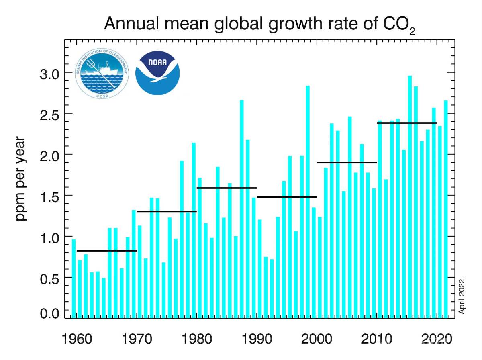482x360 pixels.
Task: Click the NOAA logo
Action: point(157,73)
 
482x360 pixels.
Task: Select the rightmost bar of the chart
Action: point(446,209)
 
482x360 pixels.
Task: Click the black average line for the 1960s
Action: point(106,251)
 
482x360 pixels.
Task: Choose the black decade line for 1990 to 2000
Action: point(287,197)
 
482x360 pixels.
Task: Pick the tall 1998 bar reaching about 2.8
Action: point(308,201)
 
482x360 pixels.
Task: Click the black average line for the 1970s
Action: point(167,211)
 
